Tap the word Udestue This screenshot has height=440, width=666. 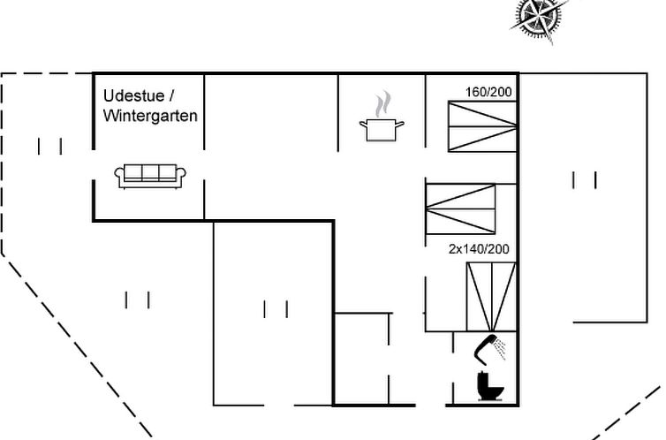133,95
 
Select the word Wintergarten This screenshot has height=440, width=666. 150,116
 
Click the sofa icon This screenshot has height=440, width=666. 150,176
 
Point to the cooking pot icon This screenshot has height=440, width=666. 382,130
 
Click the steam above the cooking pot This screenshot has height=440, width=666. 382,104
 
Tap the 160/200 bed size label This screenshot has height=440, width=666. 488,92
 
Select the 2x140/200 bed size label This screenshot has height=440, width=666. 479,249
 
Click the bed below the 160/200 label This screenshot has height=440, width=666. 482,126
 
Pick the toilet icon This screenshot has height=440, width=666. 490,385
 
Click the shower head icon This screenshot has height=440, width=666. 486,350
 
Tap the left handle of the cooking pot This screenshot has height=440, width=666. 363,124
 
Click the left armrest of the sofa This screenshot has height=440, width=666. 119,175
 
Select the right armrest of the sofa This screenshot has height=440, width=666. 181,175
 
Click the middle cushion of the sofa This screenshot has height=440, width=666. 150,172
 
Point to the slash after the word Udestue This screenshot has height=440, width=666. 171,95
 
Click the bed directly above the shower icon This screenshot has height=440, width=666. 491,297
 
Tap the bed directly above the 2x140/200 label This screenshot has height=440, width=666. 460,209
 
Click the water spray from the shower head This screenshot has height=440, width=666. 501,348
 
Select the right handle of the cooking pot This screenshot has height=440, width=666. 399,124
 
